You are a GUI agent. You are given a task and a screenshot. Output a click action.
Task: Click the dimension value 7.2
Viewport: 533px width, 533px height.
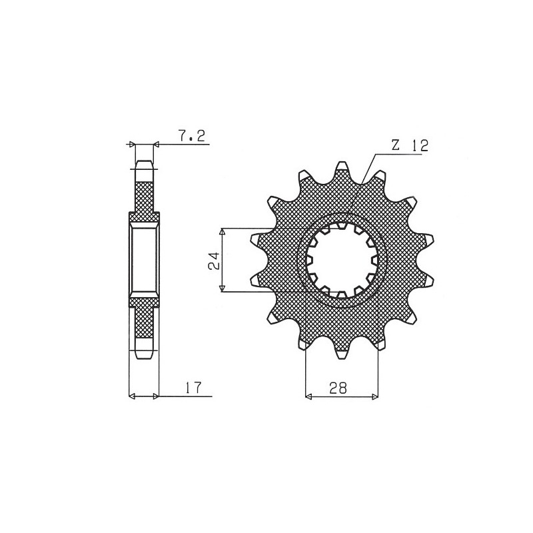pos(192,137)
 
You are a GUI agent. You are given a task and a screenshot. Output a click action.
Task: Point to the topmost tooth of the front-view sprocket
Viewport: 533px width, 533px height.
pos(342,166)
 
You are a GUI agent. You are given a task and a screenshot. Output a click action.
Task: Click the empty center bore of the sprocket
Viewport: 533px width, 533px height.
pos(342,261)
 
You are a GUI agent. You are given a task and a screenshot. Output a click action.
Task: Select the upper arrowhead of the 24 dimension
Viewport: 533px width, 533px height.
pos(223,231)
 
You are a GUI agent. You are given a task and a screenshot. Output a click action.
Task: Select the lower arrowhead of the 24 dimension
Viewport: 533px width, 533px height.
pos(223,288)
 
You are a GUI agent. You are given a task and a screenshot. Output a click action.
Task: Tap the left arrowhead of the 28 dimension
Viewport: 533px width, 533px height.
pos(308,396)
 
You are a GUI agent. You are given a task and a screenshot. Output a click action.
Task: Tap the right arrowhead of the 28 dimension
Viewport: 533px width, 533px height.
pos(374,396)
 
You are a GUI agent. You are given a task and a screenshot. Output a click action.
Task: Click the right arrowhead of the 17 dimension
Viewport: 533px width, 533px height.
pos(157,396)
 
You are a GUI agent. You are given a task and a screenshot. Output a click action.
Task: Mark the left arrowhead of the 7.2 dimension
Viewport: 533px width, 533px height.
pos(132,143)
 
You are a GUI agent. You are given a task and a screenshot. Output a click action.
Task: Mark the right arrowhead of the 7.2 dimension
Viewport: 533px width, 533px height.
pos(157,143)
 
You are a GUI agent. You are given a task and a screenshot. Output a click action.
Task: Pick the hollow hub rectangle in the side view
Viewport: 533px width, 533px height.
pos(144,259)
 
